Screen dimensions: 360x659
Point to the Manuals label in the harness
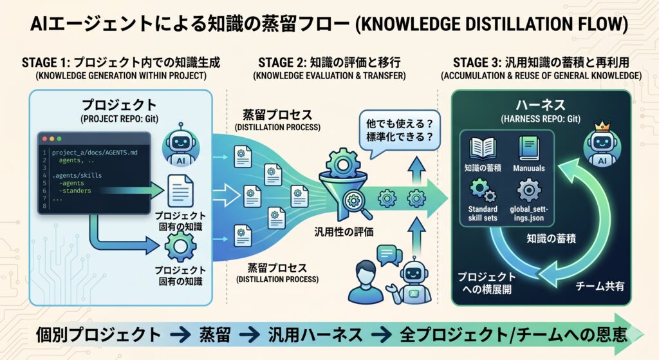click(528, 168)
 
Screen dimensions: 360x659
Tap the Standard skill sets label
click(482, 214)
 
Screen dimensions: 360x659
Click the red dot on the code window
click(43, 139)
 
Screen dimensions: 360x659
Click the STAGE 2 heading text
click(329, 62)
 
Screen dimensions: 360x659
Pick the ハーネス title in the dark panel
click(541, 105)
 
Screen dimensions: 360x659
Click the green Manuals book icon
click(528, 147)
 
